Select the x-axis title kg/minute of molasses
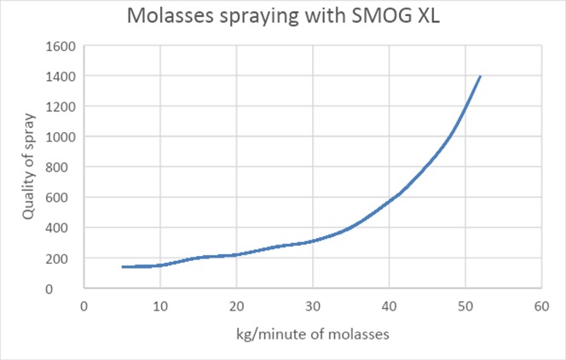point(313,335)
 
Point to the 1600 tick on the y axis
point(61,46)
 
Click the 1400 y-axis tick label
point(61,76)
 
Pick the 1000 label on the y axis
point(61,136)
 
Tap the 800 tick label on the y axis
point(65,167)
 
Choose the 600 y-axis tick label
point(65,197)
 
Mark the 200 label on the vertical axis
point(65,258)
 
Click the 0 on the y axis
point(72,288)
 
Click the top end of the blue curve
point(480,76)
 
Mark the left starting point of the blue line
point(123,267)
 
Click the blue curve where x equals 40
point(389,201)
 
